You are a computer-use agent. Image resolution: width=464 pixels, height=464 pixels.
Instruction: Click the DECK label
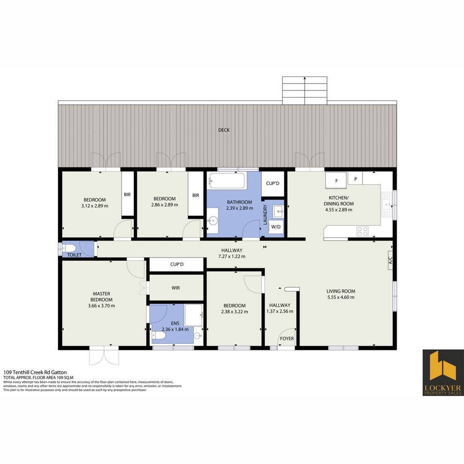point(224,130)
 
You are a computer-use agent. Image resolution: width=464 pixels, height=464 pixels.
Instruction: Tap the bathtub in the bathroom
point(227,181)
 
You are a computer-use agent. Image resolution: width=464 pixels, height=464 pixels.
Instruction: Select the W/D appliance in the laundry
point(276,227)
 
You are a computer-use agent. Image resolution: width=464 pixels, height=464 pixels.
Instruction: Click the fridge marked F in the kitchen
point(336,180)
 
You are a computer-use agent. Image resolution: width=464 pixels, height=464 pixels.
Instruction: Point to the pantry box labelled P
point(355,179)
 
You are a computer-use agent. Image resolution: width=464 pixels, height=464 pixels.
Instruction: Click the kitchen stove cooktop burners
point(363,232)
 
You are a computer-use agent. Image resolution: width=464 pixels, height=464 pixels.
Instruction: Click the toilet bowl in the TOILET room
point(69,248)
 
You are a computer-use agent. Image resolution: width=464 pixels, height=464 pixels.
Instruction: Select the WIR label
point(175,287)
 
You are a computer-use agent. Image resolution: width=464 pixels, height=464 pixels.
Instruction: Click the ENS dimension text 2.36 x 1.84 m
point(175,329)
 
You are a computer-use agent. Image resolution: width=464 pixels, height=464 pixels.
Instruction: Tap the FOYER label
point(287,339)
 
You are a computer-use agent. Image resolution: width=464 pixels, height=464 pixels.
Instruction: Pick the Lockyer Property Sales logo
point(443,372)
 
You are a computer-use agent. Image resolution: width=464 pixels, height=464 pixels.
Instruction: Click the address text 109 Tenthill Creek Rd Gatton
point(35,372)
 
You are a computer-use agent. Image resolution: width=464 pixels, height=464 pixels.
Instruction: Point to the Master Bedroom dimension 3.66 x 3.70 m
point(101,306)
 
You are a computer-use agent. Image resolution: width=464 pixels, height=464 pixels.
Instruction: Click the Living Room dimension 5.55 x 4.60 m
point(341,297)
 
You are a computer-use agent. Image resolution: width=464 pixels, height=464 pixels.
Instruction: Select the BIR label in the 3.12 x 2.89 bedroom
point(127,195)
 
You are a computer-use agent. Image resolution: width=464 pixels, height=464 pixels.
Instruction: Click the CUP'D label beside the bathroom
point(272,183)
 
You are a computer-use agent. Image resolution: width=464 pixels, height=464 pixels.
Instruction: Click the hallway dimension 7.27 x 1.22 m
point(232,256)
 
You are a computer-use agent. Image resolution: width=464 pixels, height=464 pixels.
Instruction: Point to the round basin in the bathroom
point(213,220)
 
